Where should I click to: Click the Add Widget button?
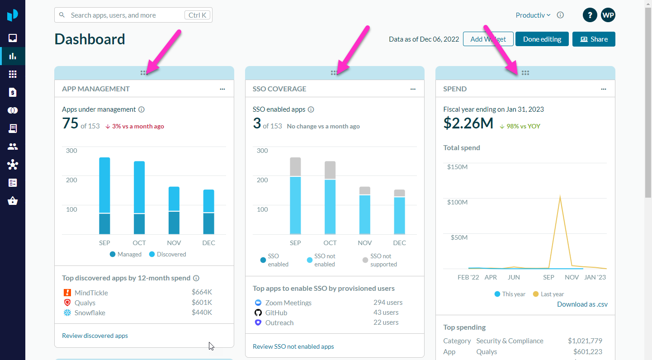[x=488, y=39]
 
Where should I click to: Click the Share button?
[x=594, y=39]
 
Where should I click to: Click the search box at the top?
[x=127, y=15]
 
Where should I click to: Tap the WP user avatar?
[x=608, y=15]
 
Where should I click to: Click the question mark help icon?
[x=590, y=15]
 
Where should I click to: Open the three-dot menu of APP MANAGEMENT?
[x=222, y=89]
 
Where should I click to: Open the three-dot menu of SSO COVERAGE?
[x=413, y=89]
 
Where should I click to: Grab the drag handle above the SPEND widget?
[x=525, y=73]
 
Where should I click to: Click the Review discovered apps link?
[x=95, y=336]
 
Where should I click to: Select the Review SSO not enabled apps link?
[x=293, y=346]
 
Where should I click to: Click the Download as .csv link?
[x=582, y=304]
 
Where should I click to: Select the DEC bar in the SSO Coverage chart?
[x=399, y=212]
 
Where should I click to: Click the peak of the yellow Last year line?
[x=560, y=197]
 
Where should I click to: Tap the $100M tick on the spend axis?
[x=457, y=202]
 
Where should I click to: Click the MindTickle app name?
[x=91, y=293]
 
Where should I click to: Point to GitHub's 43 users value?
[x=386, y=313]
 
